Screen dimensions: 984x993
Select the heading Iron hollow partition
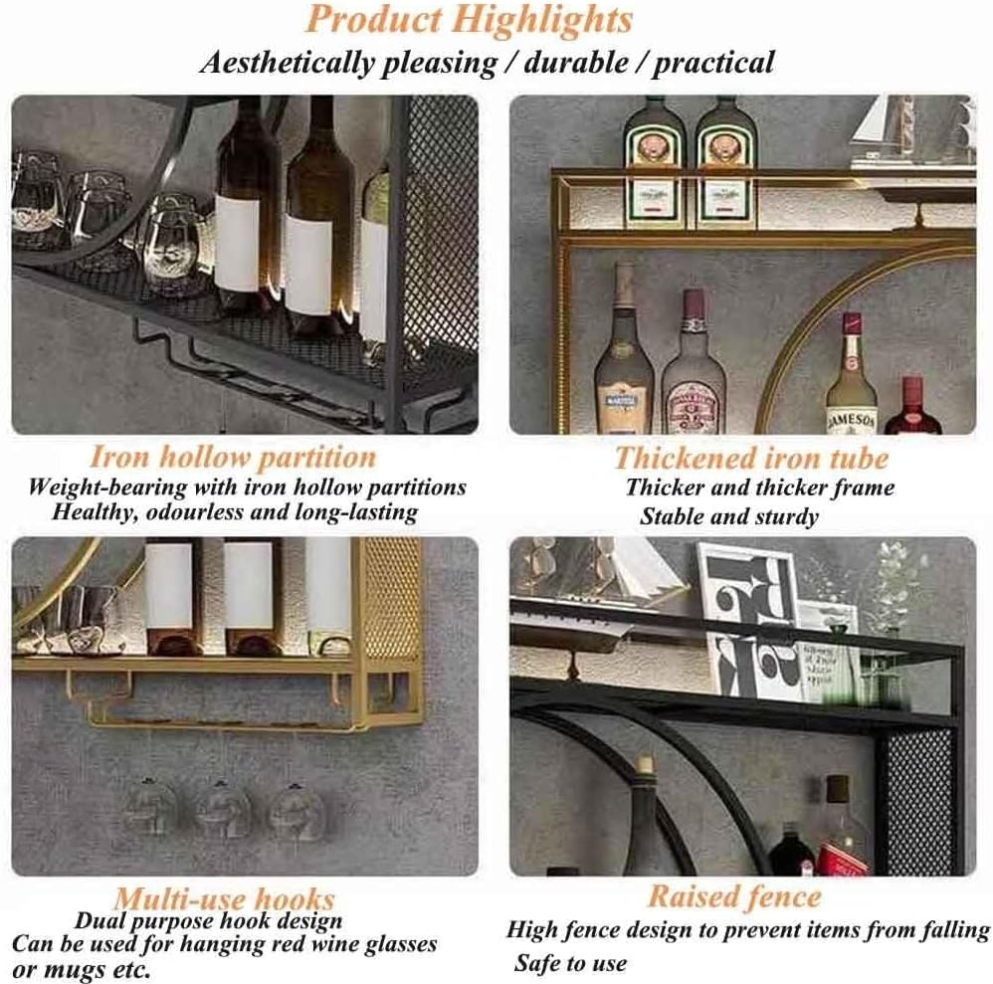233,458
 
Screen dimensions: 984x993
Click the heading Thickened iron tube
751,458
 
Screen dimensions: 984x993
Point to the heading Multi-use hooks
223,899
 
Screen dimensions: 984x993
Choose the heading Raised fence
734,896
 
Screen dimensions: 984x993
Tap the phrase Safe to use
570,962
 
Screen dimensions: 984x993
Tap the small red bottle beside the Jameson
911,410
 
